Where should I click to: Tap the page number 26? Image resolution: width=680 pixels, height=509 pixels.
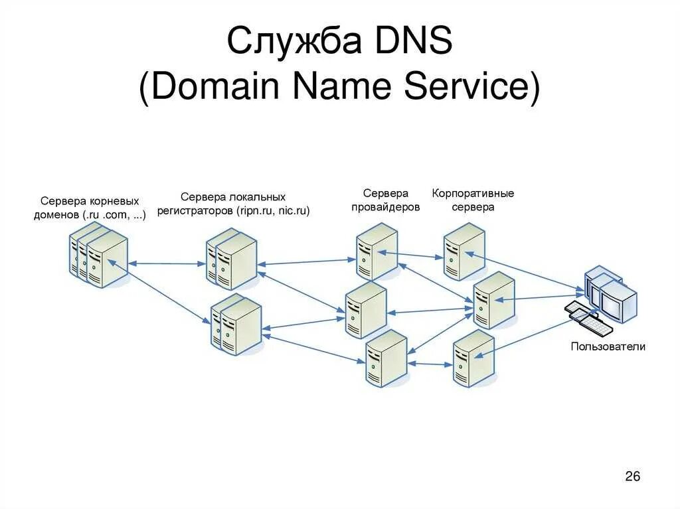pos(632,476)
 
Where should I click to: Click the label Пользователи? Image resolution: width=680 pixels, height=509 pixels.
pos(608,346)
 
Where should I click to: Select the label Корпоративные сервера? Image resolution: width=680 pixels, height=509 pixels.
pos(473,200)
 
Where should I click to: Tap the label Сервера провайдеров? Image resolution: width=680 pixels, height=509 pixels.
pos(385,200)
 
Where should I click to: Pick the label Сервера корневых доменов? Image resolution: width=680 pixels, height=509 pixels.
pos(90,208)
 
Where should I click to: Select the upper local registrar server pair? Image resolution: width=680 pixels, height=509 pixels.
pos(231,259)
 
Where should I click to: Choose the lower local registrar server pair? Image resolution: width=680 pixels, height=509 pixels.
pos(236,325)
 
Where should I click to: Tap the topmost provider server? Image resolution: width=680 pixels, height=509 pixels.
pos(376,252)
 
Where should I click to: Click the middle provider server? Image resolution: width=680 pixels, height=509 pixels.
pos(365,310)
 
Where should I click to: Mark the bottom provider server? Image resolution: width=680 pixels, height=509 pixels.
pos(386,358)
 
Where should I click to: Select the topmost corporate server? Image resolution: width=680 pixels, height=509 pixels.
pos(464,251)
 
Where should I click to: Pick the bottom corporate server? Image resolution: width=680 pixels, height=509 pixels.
pos(473,358)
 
